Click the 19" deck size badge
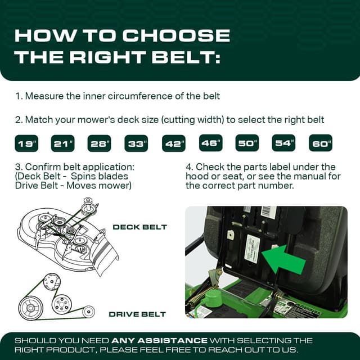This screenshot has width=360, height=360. [x=26, y=143]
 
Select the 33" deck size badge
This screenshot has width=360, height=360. [x=136, y=143]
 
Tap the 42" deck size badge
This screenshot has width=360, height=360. [x=174, y=143]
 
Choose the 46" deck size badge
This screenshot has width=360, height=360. [x=210, y=143]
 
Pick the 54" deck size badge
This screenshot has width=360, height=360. [x=284, y=143]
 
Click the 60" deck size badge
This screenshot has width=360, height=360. [x=321, y=143]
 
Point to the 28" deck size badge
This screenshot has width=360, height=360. [x=100, y=143]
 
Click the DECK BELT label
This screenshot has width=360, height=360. [x=139, y=227]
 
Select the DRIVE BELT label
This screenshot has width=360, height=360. [x=137, y=313]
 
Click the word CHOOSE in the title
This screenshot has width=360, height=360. [x=177, y=35]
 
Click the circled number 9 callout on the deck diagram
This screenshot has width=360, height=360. [x=88, y=201]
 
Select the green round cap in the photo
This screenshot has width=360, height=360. [x=213, y=298]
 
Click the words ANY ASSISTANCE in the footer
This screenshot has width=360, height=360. [x=159, y=340]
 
